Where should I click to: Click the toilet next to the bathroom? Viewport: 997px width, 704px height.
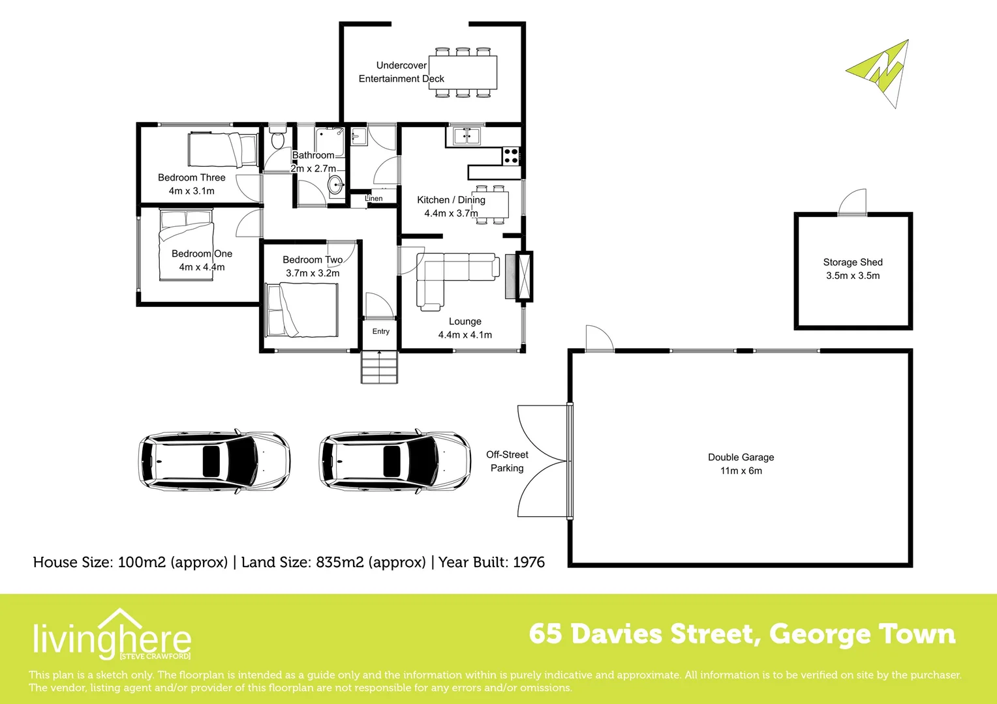point(277,139)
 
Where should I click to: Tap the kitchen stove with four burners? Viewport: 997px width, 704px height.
point(511,156)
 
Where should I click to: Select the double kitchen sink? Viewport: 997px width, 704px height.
point(466,136)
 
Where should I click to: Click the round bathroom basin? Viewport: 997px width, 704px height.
point(336,185)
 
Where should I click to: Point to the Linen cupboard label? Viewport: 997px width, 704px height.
point(374,198)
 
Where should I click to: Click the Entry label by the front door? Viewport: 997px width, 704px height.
point(381,331)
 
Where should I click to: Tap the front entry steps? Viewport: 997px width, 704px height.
point(379,367)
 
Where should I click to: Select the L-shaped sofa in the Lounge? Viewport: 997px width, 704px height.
point(450,277)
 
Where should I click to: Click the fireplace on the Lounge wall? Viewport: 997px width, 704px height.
point(523,276)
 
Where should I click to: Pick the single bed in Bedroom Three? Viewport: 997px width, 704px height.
point(222,150)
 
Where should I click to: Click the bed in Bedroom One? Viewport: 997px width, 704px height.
point(187,244)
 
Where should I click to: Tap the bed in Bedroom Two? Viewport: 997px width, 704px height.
point(301,310)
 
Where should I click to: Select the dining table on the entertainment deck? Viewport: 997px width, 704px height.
point(463,72)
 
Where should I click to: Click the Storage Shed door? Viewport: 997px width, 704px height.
point(852,203)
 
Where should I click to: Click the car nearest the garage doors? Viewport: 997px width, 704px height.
point(395,460)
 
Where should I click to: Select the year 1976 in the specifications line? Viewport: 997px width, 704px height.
point(529,562)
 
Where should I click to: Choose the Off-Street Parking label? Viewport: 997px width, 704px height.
point(507,461)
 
